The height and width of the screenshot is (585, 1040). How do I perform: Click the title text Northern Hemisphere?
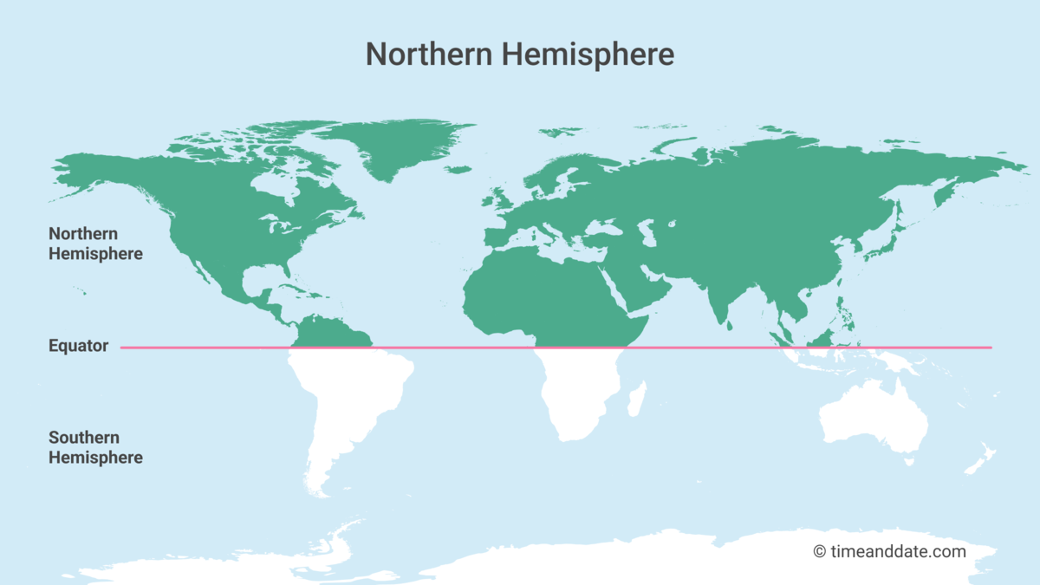click(519, 54)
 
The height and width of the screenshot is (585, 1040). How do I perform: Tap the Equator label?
click(78, 347)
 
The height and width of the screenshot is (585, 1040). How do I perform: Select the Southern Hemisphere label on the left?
click(95, 447)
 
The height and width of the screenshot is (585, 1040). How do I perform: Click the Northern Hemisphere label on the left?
click(95, 244)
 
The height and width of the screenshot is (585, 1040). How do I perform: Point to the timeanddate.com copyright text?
click(889, 551)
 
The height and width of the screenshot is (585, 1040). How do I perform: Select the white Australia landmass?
click(871, 420)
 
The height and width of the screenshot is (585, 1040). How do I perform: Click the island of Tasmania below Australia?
click(909, 462)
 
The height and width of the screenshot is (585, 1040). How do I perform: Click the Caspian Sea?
click(646, 231)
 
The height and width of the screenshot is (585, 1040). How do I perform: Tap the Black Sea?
click(601, 227)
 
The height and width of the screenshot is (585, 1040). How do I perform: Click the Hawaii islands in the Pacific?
click(81, 290)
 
